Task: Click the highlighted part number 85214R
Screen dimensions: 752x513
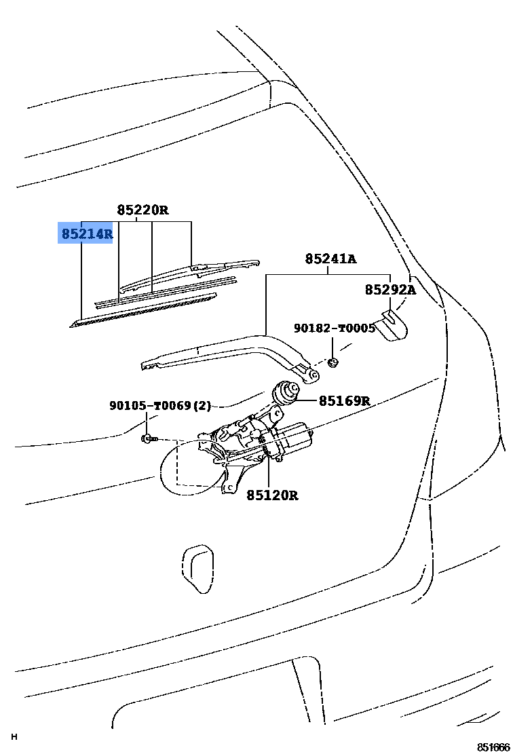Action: [85, 233]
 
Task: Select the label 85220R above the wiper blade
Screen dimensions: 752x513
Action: [142, 210]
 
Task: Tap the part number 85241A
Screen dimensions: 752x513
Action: [330, 259]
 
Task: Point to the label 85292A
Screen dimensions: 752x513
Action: [390, 290]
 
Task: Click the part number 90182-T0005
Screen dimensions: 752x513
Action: [334, 328]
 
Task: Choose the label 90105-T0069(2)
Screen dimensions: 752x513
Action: [160, 406]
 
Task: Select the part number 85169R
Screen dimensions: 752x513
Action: [344, 401]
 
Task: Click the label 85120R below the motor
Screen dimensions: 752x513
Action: [272, 495]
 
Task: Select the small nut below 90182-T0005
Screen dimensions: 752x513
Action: [332, 362]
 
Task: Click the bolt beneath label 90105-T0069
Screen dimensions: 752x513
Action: [149, 439]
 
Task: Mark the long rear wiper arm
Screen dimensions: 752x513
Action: [224, 351]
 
